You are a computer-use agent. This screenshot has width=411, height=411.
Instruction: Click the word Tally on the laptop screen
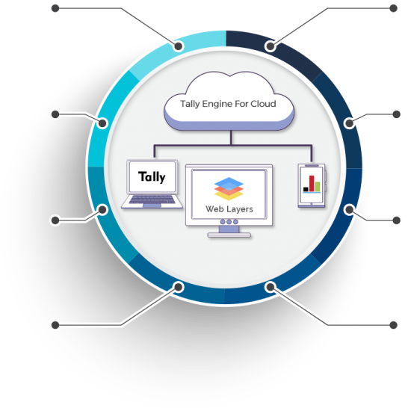[x=152, y=177]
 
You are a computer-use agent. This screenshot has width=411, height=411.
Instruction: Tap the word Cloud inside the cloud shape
[x=263, y=104]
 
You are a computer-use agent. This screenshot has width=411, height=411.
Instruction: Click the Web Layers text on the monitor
[x=229, y=209]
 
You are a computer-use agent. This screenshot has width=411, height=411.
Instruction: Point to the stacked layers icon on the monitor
[x=229, y=188]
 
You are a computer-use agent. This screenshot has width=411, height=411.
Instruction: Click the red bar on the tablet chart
[x=312, y=184]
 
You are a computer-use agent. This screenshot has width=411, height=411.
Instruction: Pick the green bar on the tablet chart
[x=318, y=186]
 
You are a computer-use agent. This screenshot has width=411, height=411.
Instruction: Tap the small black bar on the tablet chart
[x=306, y=189]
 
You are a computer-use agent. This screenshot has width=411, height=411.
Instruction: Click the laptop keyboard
[x=152, y=200]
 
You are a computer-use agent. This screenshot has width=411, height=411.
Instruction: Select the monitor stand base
[x=229, y=235]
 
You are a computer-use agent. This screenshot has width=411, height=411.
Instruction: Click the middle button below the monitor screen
[x=229, y=222]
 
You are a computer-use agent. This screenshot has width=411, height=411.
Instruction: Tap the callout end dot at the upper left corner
[x=55, y=8]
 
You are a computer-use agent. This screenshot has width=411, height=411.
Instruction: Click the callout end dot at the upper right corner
[x=393, y=8]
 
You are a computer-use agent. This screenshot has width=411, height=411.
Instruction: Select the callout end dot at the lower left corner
[x=55, y=325]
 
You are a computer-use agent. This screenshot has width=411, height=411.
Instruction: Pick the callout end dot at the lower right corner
[x=393, y=325]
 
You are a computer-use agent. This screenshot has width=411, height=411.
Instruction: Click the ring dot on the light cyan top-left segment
[x=179, y=46]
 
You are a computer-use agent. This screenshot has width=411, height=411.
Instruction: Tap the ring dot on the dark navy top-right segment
[x=271, y=46]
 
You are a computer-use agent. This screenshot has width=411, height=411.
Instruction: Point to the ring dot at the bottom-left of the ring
[x=179, y=287]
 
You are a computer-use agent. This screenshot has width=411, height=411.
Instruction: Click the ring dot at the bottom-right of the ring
[x=271, y=287]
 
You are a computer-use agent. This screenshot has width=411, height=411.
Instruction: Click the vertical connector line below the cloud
[x=231, y=137]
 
